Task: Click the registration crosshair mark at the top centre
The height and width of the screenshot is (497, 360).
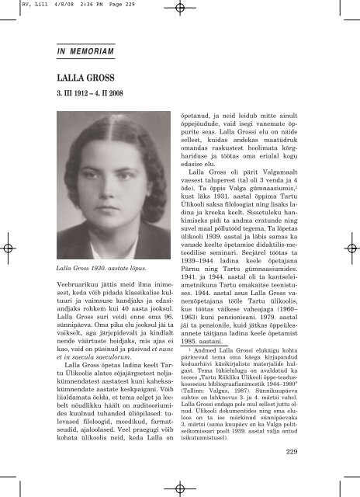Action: (179, 9)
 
